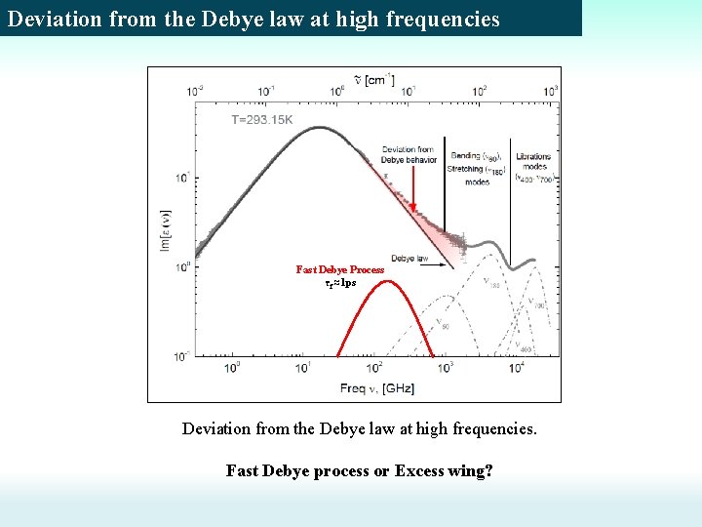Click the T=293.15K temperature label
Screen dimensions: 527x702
[x=262, y=120]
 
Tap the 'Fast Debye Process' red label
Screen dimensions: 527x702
[x=340, y=269]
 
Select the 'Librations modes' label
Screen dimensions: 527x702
[x=532, y=161]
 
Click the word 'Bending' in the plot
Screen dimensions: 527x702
[x=466, y=156]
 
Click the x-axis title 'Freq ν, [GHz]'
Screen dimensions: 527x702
[x=377, y=388]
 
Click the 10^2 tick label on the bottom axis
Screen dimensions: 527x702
[x=374, y=368]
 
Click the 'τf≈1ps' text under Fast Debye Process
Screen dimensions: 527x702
[x=340, y=282]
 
